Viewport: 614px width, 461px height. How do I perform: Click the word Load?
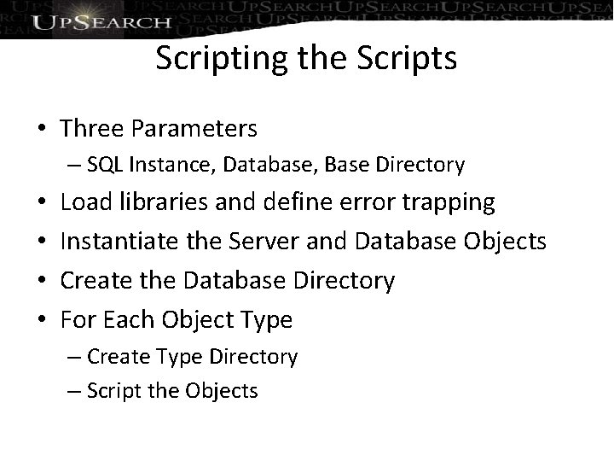coord(84,202)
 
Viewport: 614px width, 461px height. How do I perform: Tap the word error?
coord(372,202)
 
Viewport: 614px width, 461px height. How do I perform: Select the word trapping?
coord(453,202)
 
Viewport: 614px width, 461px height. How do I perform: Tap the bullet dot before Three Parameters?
coord(41,129)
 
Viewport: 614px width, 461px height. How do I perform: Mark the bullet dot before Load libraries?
coord(41,203)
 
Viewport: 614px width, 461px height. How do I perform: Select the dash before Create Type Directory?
coord(74,356)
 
